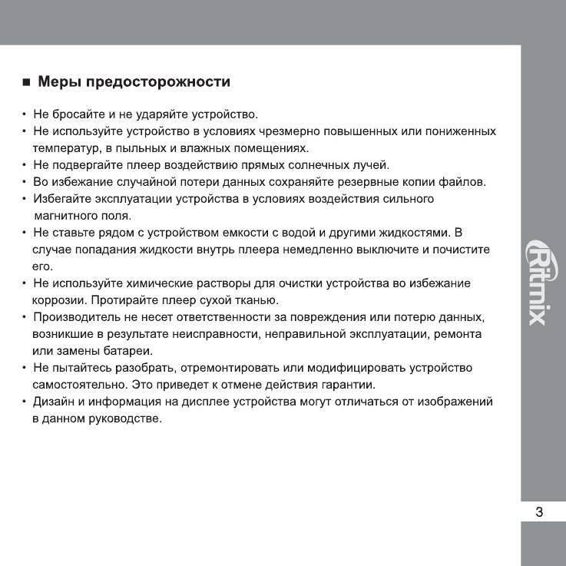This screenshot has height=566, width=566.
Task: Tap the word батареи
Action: coord(127,351)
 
